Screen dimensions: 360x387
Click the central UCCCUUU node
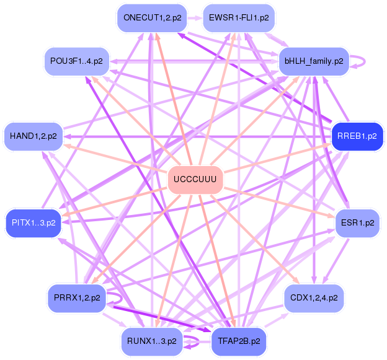195,180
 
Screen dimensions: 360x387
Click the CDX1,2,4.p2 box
314,298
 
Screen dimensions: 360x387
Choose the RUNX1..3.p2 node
152,340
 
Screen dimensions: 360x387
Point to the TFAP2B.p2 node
239,340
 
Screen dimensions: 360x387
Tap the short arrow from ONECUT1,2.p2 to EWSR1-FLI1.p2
194,17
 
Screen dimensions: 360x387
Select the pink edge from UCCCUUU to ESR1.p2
279,201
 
